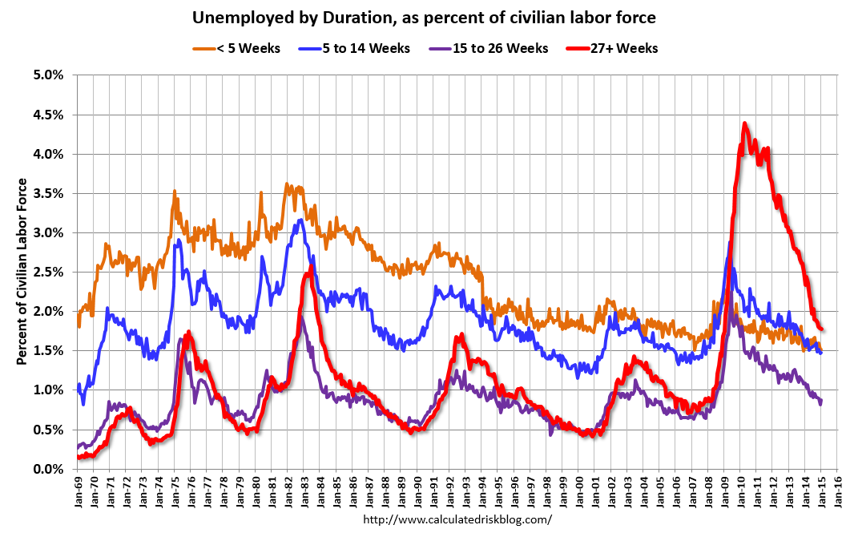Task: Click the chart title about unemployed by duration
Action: (423, 17)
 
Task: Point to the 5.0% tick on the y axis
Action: (48, 75)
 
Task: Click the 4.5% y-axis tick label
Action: (48, 114)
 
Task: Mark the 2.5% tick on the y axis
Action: (48, 272)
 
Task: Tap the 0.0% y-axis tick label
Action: (48, 469)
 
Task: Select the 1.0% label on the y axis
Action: (48, 390)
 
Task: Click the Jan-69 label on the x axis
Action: (78, 491)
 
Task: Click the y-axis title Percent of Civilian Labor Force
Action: (22, 272)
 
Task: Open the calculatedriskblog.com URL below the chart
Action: (458, 519)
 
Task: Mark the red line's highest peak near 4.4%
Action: (745, 123)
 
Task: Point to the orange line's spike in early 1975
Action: (175, 192)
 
